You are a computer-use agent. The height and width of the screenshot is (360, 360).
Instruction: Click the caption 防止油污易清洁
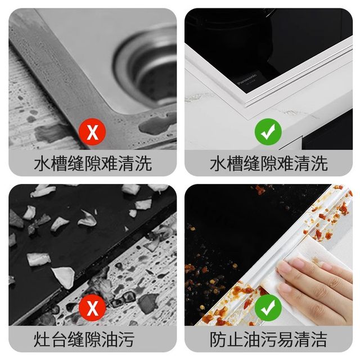[x=268, y=339]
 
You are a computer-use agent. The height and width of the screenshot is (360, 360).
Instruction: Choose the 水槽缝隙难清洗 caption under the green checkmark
[x=268, y=164]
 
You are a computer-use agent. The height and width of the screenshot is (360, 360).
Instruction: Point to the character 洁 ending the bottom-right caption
[x=318, y=339]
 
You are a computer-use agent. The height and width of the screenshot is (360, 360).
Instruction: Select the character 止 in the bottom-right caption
[x=239, y=339]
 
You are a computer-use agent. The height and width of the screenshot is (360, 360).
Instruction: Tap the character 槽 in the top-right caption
[x=239, y=164]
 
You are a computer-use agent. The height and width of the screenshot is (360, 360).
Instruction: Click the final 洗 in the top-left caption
[x=142, y=164]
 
